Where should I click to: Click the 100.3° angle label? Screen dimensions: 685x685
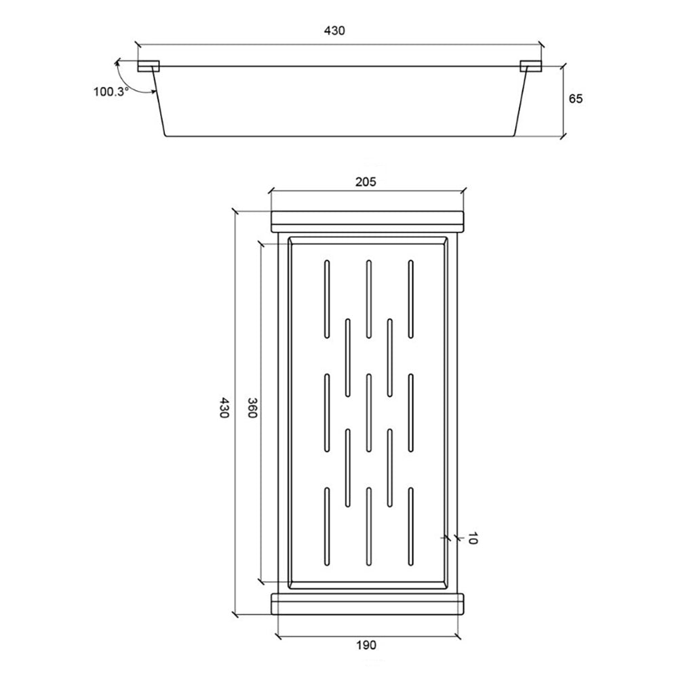pyautogui.click(x=111, y=92)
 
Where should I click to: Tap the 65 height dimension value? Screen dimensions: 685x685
pyautogui.click(x=575, y=99)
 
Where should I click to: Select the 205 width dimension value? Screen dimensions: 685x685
pyautogui.click(x=366, y=181)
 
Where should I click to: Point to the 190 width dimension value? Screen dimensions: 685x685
pyautogui.click(x=366, y=645)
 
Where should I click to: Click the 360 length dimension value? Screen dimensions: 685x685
pyautogui.click(x=252, y=408)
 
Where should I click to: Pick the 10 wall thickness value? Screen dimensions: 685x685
pyautogui.click(x=471, y=539)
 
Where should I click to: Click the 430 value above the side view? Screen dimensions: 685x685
pyautogui.click(x=334, y=31)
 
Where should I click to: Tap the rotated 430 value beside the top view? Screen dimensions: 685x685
pyautogui.click(x=224, y=408)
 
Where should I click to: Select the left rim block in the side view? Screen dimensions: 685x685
pyautogui.click(x=149, y=66)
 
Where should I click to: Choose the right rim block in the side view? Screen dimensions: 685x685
pyautogui.click(x=531, y=66)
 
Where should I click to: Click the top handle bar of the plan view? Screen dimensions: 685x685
pyautogui.click(x=367, y=222)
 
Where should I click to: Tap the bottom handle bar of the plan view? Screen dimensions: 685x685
pyautogui.click(x=367, y=604)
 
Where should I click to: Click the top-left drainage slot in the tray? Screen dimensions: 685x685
pyautogui.click(x=327, y=299)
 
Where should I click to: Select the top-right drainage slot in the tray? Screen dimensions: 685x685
pyautogui.click(x=410, y=299)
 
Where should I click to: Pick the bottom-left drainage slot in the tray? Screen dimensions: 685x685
pyautogui.click(x=327, y=526)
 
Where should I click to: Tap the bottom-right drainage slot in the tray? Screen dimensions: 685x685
pyautogui.click(x=410, y=526)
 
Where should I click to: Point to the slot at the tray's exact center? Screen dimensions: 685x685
pyautogui.click(x=369, y=413)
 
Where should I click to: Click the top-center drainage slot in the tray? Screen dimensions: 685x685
pyautogui.click(x=369, y=299)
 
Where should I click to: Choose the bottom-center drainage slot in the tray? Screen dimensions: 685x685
pyautogui.click(x=369, y=526)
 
